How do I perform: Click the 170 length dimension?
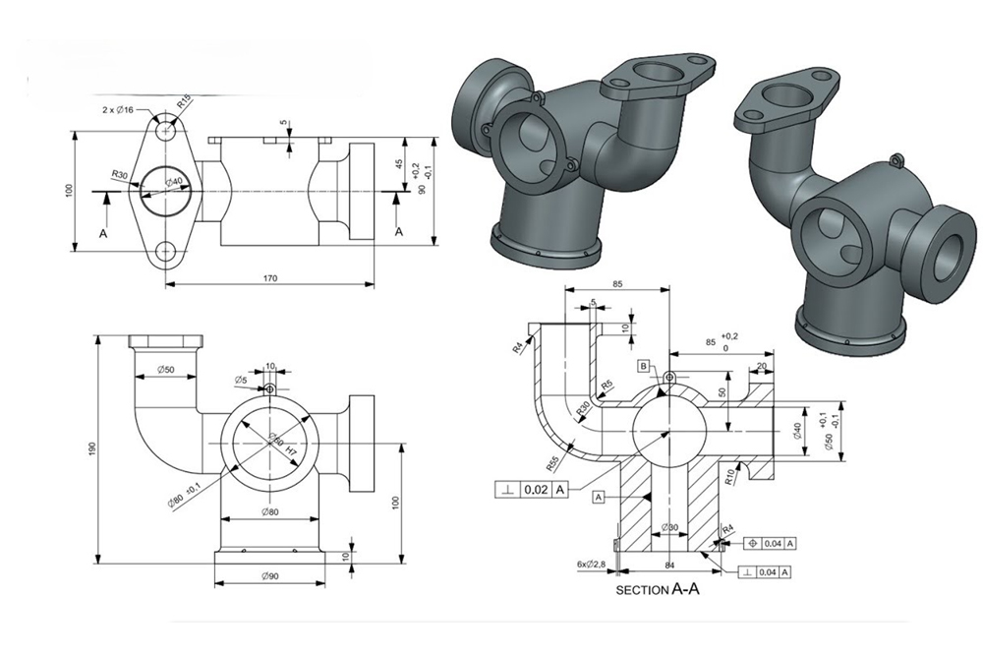[270, 279]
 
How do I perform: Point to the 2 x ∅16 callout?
[119, 109]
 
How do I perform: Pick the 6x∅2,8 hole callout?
[593, 564]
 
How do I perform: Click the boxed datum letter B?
[644, 366]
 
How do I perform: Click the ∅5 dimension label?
[240, 380]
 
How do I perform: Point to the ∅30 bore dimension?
[670, 528]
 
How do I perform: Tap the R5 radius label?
[607, 385]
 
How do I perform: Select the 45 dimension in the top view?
[398, 164]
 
